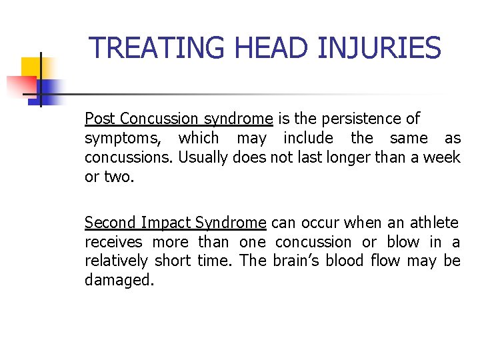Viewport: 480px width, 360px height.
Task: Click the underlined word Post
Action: (100, 119)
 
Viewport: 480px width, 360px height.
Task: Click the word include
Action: (309, 138)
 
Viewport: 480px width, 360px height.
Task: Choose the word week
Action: (443, 157)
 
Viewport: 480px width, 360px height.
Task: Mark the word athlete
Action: (435, 223)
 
